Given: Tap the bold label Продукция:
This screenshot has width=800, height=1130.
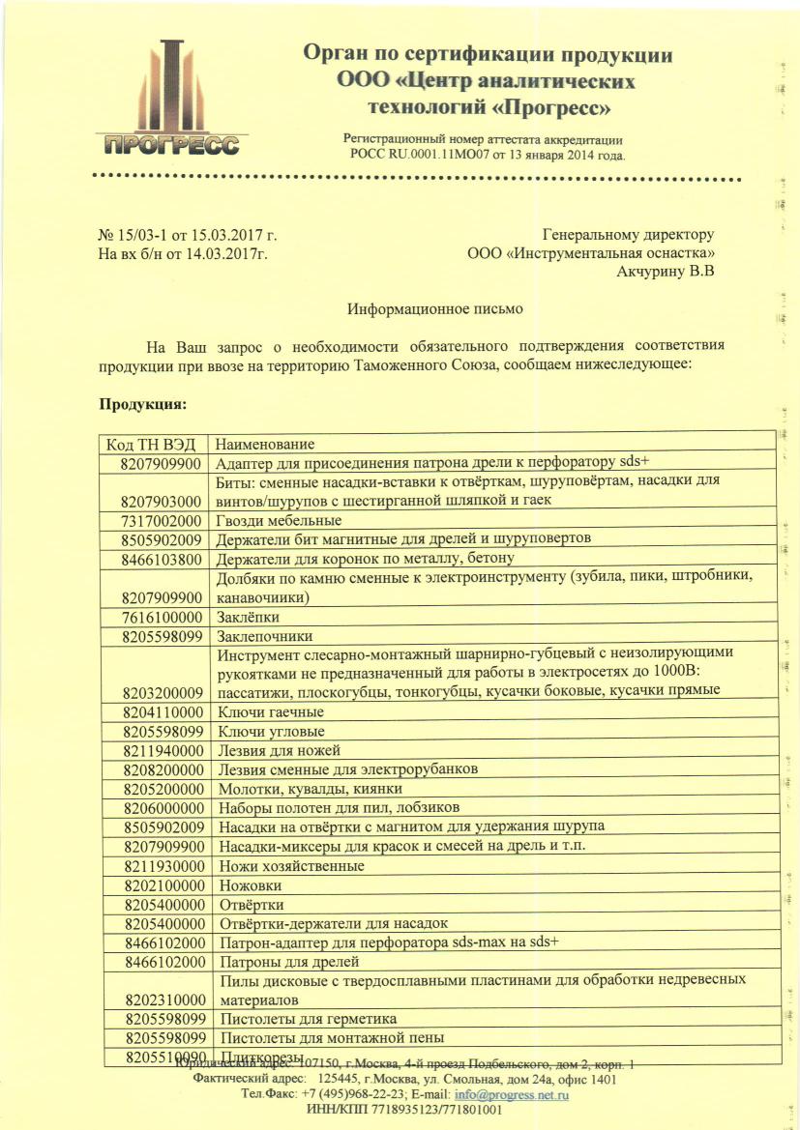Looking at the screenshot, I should point(142,402).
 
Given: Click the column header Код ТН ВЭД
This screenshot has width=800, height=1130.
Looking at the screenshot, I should point(151,445).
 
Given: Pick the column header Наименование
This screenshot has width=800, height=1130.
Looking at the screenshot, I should point(265,445).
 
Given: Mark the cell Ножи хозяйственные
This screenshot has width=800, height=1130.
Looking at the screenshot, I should point(291,866).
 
